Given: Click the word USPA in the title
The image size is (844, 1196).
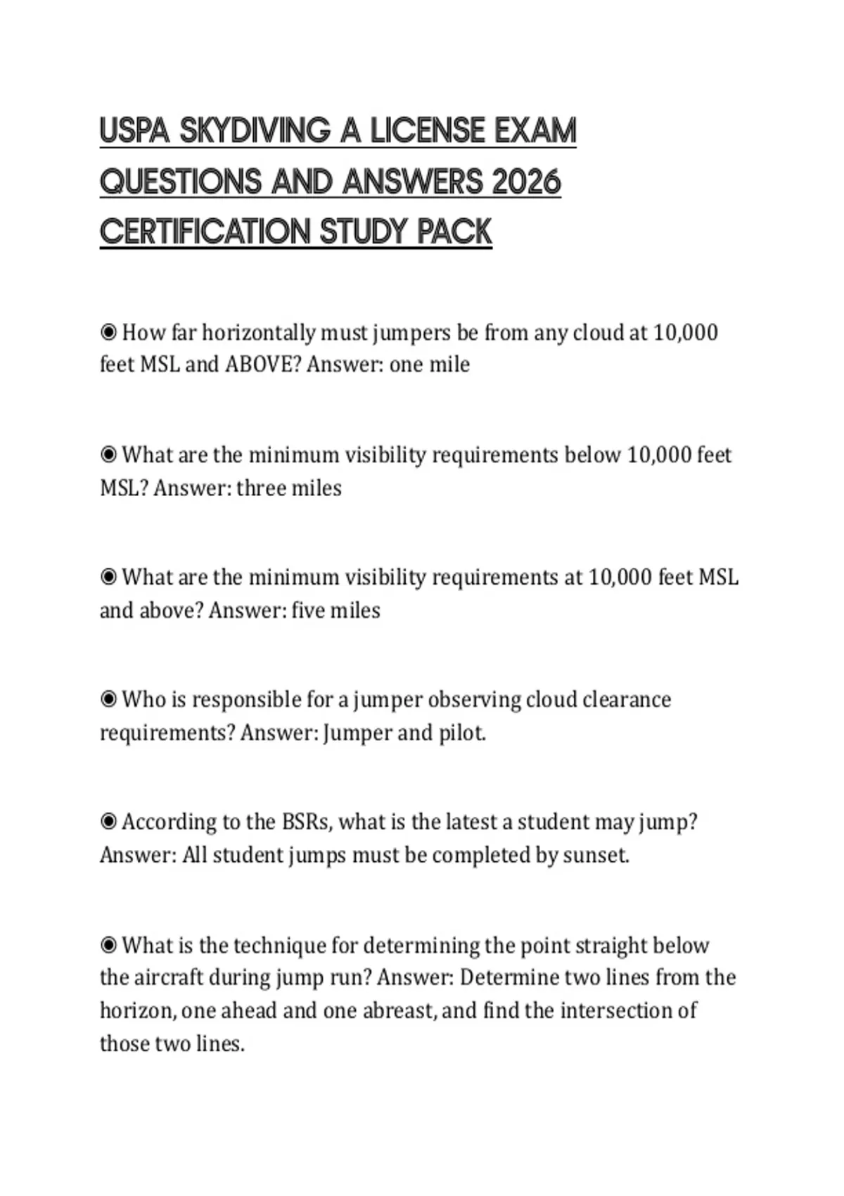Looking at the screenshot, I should (x=134, y=131).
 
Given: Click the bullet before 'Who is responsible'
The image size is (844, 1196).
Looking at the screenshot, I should (x=108, y=699).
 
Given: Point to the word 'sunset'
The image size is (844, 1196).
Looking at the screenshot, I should (x=594, y=855).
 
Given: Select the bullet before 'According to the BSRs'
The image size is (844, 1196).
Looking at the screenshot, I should (x=108, y=822).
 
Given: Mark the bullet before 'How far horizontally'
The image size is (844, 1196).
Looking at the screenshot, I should (x=108, y=332).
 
